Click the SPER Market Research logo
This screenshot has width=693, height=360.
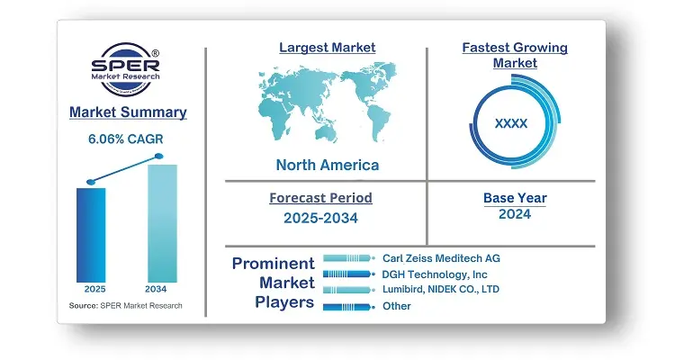125,69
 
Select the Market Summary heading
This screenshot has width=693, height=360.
128,112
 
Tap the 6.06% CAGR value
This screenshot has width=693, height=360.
125,139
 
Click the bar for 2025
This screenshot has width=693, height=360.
91,235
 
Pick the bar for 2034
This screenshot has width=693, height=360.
162,223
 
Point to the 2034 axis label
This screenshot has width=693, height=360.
156,289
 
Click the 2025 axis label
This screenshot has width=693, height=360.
95,289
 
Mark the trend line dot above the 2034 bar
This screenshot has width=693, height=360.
159,156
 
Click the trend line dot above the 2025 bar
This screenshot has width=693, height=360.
91,182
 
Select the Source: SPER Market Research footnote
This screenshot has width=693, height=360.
125,306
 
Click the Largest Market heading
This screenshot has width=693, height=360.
328,48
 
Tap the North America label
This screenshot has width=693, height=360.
328,165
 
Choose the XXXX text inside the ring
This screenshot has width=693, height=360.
511,123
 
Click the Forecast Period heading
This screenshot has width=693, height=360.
321,198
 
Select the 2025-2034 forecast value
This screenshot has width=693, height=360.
321,218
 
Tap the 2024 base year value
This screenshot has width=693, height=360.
515,214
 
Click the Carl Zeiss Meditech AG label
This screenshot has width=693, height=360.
441,258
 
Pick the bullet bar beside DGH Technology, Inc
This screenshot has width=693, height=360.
348,274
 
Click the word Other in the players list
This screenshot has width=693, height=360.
396,306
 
